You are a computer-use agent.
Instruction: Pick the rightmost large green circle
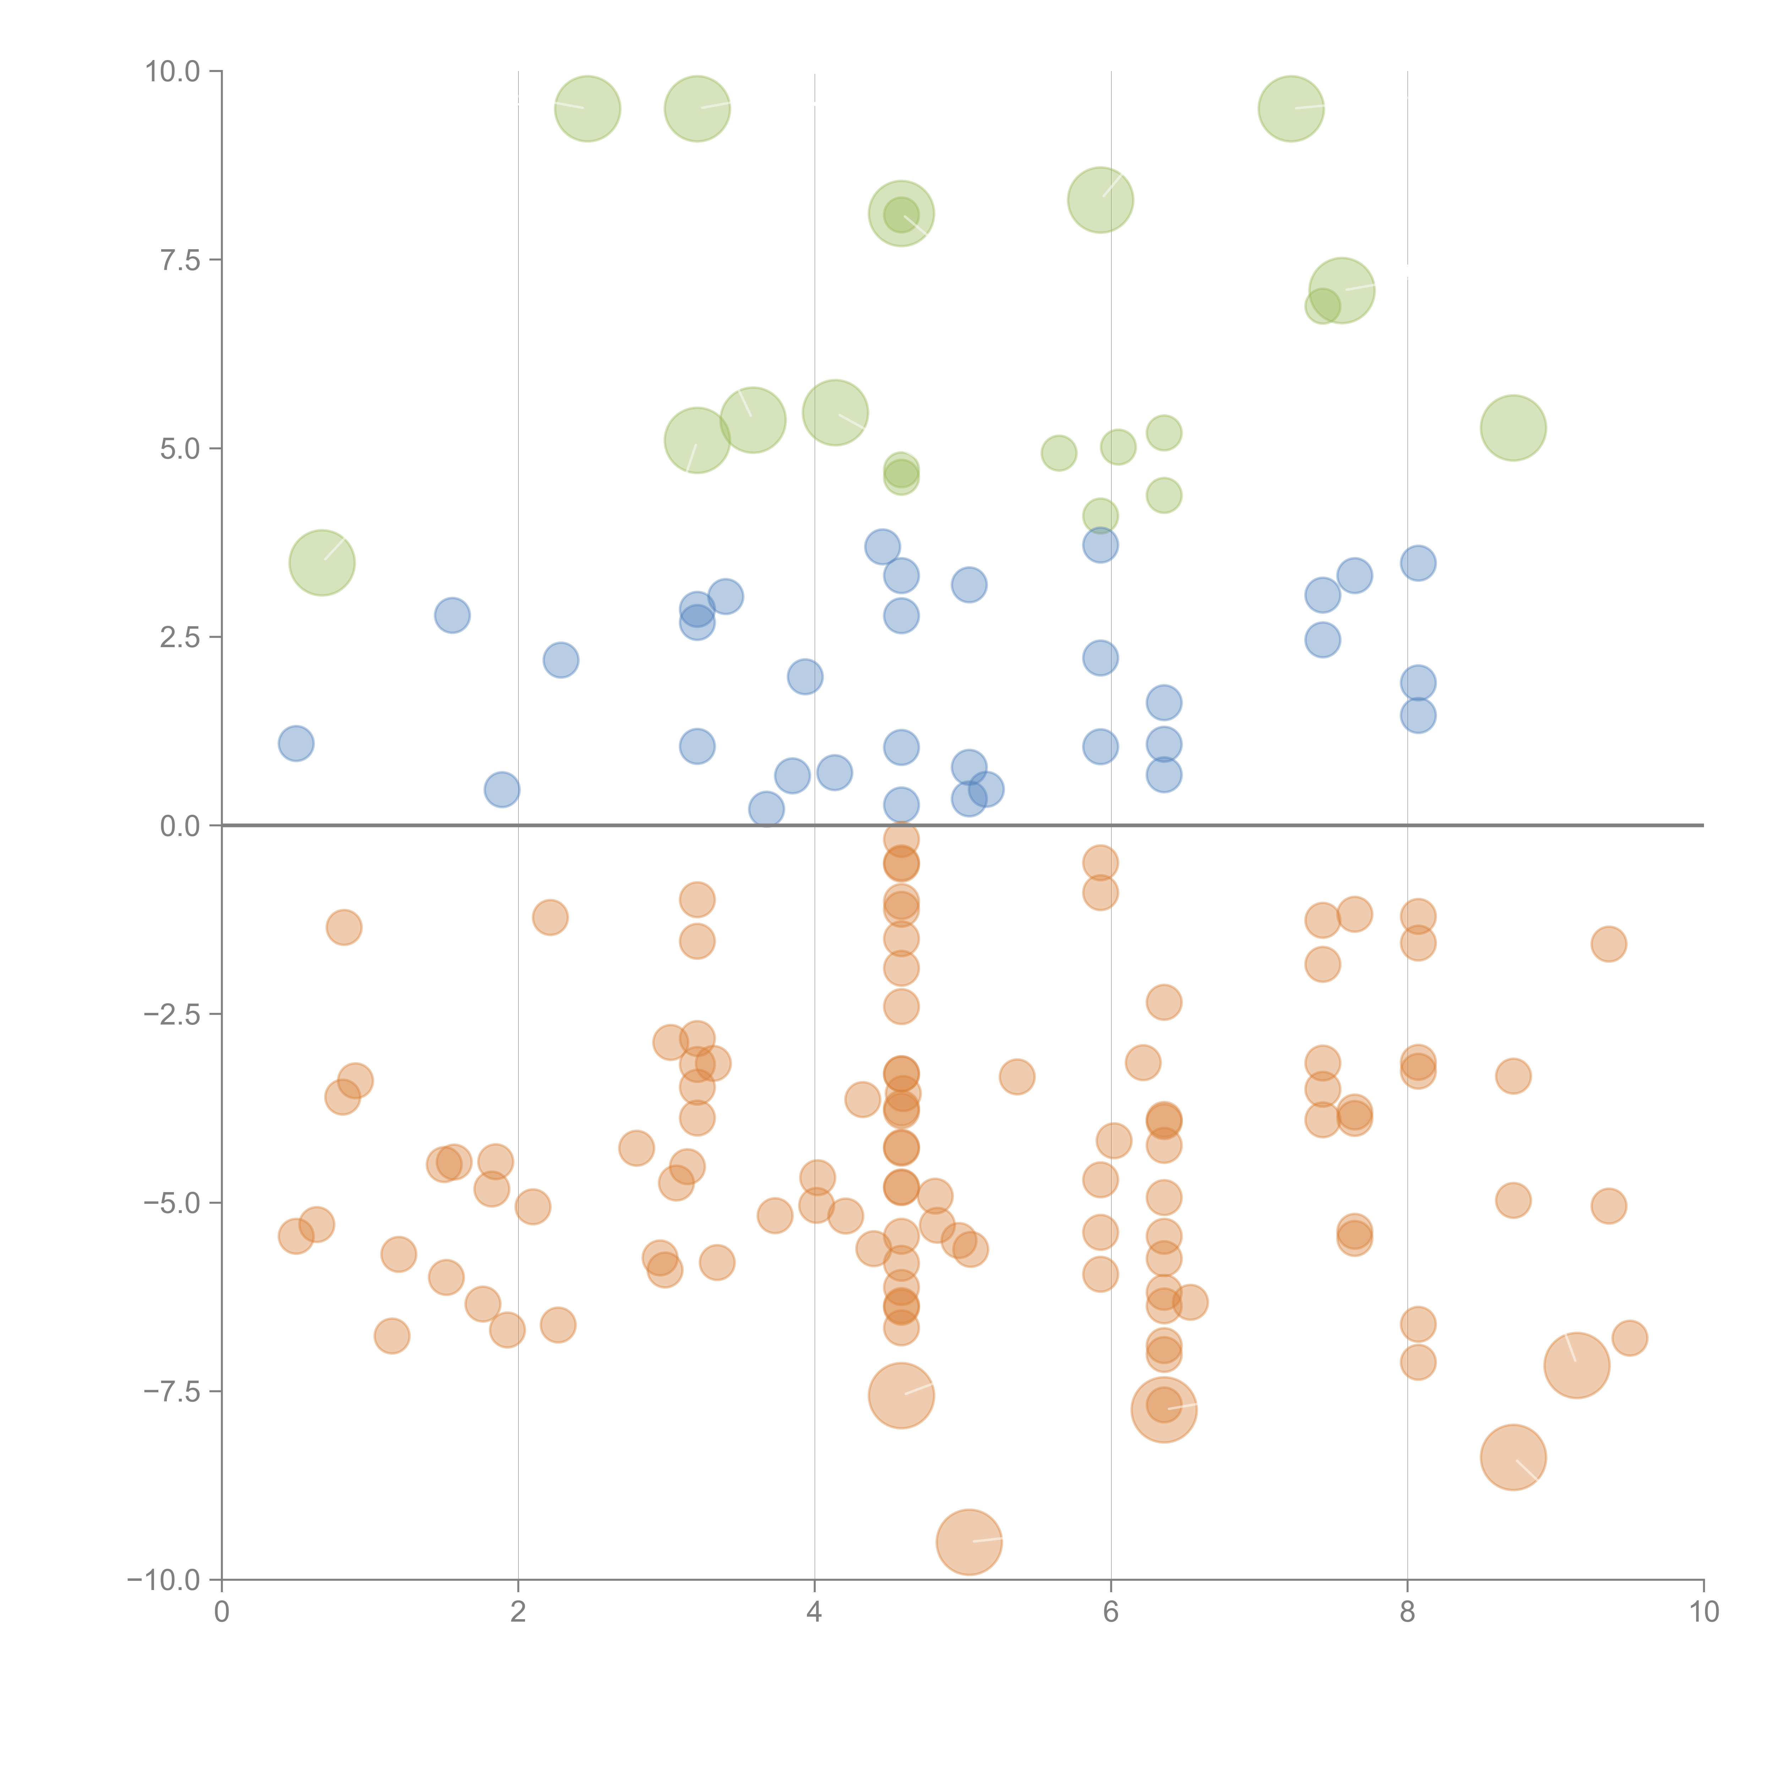click(x=1513, y=428)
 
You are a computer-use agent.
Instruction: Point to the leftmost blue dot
click(x=296, y=743)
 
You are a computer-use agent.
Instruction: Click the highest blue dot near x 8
click(x=1418, y=563)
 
